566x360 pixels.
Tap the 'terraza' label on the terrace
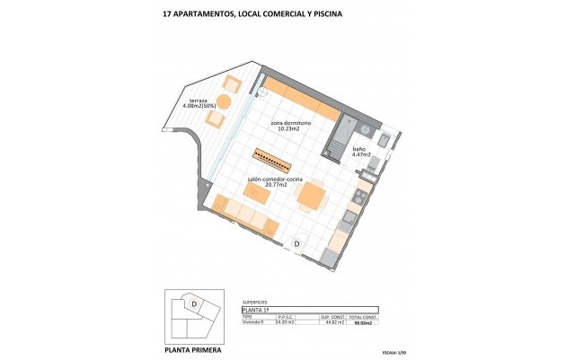tap(198, 100)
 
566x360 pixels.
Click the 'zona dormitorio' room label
tap(290, 122)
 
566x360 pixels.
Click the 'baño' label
tap(358, 149)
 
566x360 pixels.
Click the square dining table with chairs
tap(313, 195)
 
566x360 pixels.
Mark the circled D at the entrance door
tap(298, 243)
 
